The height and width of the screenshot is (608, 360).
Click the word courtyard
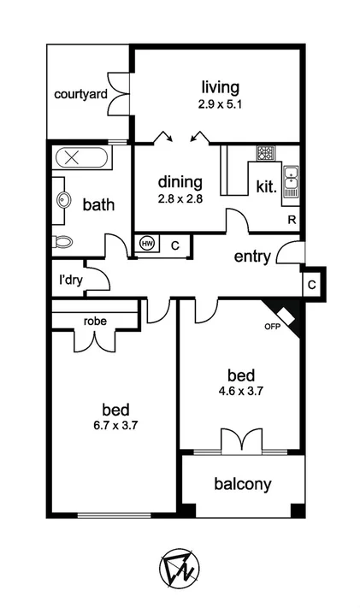[x=80, y=94]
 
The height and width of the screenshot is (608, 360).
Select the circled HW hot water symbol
[x=147, y=244]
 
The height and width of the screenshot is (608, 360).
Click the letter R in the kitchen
[x=292, y=221]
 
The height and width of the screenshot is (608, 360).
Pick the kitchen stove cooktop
[x=266, y=154]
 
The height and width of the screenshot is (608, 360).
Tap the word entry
[x=252, y=257]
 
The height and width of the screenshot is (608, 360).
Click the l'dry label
[x=70, y=280]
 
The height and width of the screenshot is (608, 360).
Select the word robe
[x=94, y=322]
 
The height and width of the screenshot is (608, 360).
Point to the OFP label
[x=272, y=327]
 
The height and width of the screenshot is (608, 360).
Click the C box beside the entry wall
[x=313, y=283]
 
